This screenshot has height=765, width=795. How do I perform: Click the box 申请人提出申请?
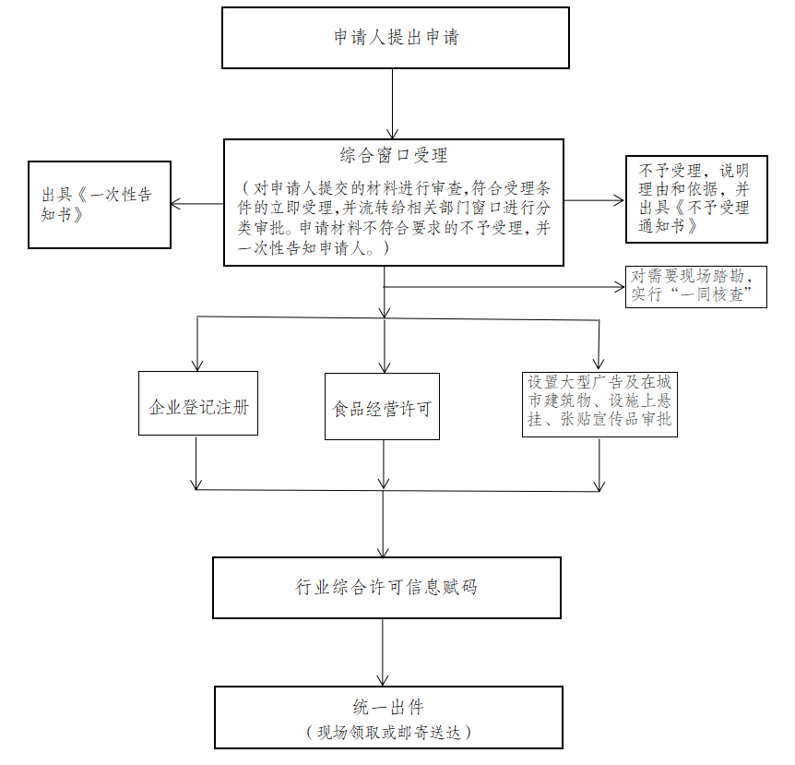pyautogui.click(x=396, y=38)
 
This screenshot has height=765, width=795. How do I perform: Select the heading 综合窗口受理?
pyautogui.click(x=394, y=155)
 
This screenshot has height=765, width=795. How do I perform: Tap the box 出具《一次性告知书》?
pyautogui.click(x=100, y=205)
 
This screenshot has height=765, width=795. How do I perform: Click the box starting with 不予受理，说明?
pyautogui.click(x=696, y=199)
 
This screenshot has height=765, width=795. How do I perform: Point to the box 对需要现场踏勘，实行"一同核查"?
pyautogui.click(x=696, y=287)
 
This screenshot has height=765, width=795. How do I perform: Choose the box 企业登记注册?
pyautogui.click(x=198, y=403)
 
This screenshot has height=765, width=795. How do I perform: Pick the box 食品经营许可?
pyautogui.click(x=383, y=406)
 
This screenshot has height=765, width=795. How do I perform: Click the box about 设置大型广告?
pyautogui.click(x=599, y=404)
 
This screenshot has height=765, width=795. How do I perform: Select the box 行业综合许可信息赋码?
pyautogui.click(x=386, y=588)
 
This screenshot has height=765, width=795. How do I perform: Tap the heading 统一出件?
pyautogui.click(x=388, y=707)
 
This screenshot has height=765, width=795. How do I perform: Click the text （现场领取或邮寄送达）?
pyautogui.click(x=389, y=732)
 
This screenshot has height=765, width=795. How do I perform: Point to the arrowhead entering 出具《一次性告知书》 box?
pyautogui.click(x=175, y=204)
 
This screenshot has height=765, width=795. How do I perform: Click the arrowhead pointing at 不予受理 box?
pyautogui.click(x=620, y=200)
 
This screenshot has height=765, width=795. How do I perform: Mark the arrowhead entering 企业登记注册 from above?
pyautogui.click(x=197, y=366)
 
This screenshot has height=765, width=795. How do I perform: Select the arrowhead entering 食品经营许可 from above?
pyautogui.click(x=385, y=368)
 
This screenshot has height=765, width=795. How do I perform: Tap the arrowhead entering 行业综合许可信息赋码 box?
pyautogui.click(x=384, y=552)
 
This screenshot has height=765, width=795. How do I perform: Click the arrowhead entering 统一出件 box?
pyautogui.click(x=383, y=681)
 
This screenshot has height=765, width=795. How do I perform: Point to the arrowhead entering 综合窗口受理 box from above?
pyautogui.click(x=393, y=134)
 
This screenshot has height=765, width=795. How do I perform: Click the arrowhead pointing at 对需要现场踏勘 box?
pyautogui.click(x=620, y=287)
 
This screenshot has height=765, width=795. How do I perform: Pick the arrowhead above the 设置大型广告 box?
pyautogui.click(x=599, y=364)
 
